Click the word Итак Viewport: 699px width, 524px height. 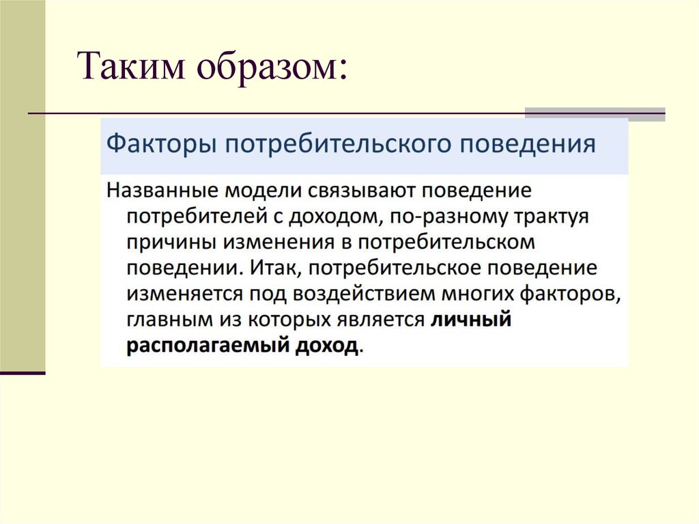[x=273, y=268]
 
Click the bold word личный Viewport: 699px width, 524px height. [x=470, y=320]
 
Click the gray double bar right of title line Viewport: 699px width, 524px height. [x=594, y=114]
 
